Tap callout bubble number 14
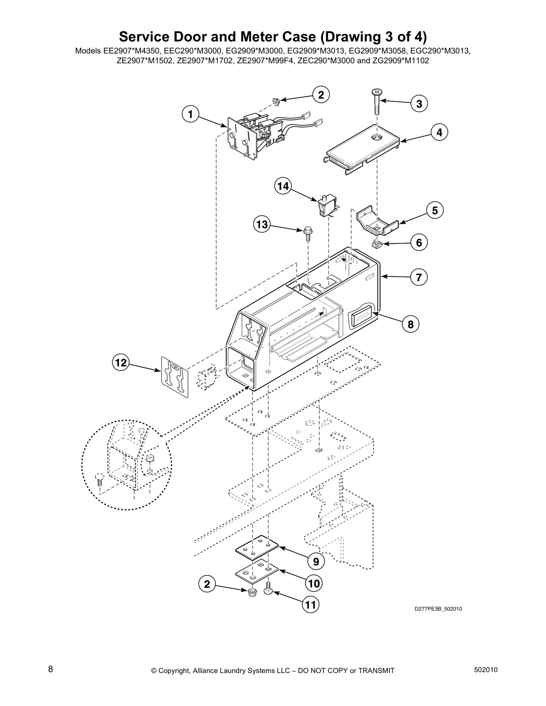[x=283, y=186]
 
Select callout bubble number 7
[x=419, y=278]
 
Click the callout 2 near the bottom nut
[x=207, y=584]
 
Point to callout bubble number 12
[x=120, y=363]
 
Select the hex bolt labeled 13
[x=307, y=232]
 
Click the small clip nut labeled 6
[x=377, y=244]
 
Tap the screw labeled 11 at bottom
[x=269, y=589]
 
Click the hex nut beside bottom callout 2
[x=252, y=592]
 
